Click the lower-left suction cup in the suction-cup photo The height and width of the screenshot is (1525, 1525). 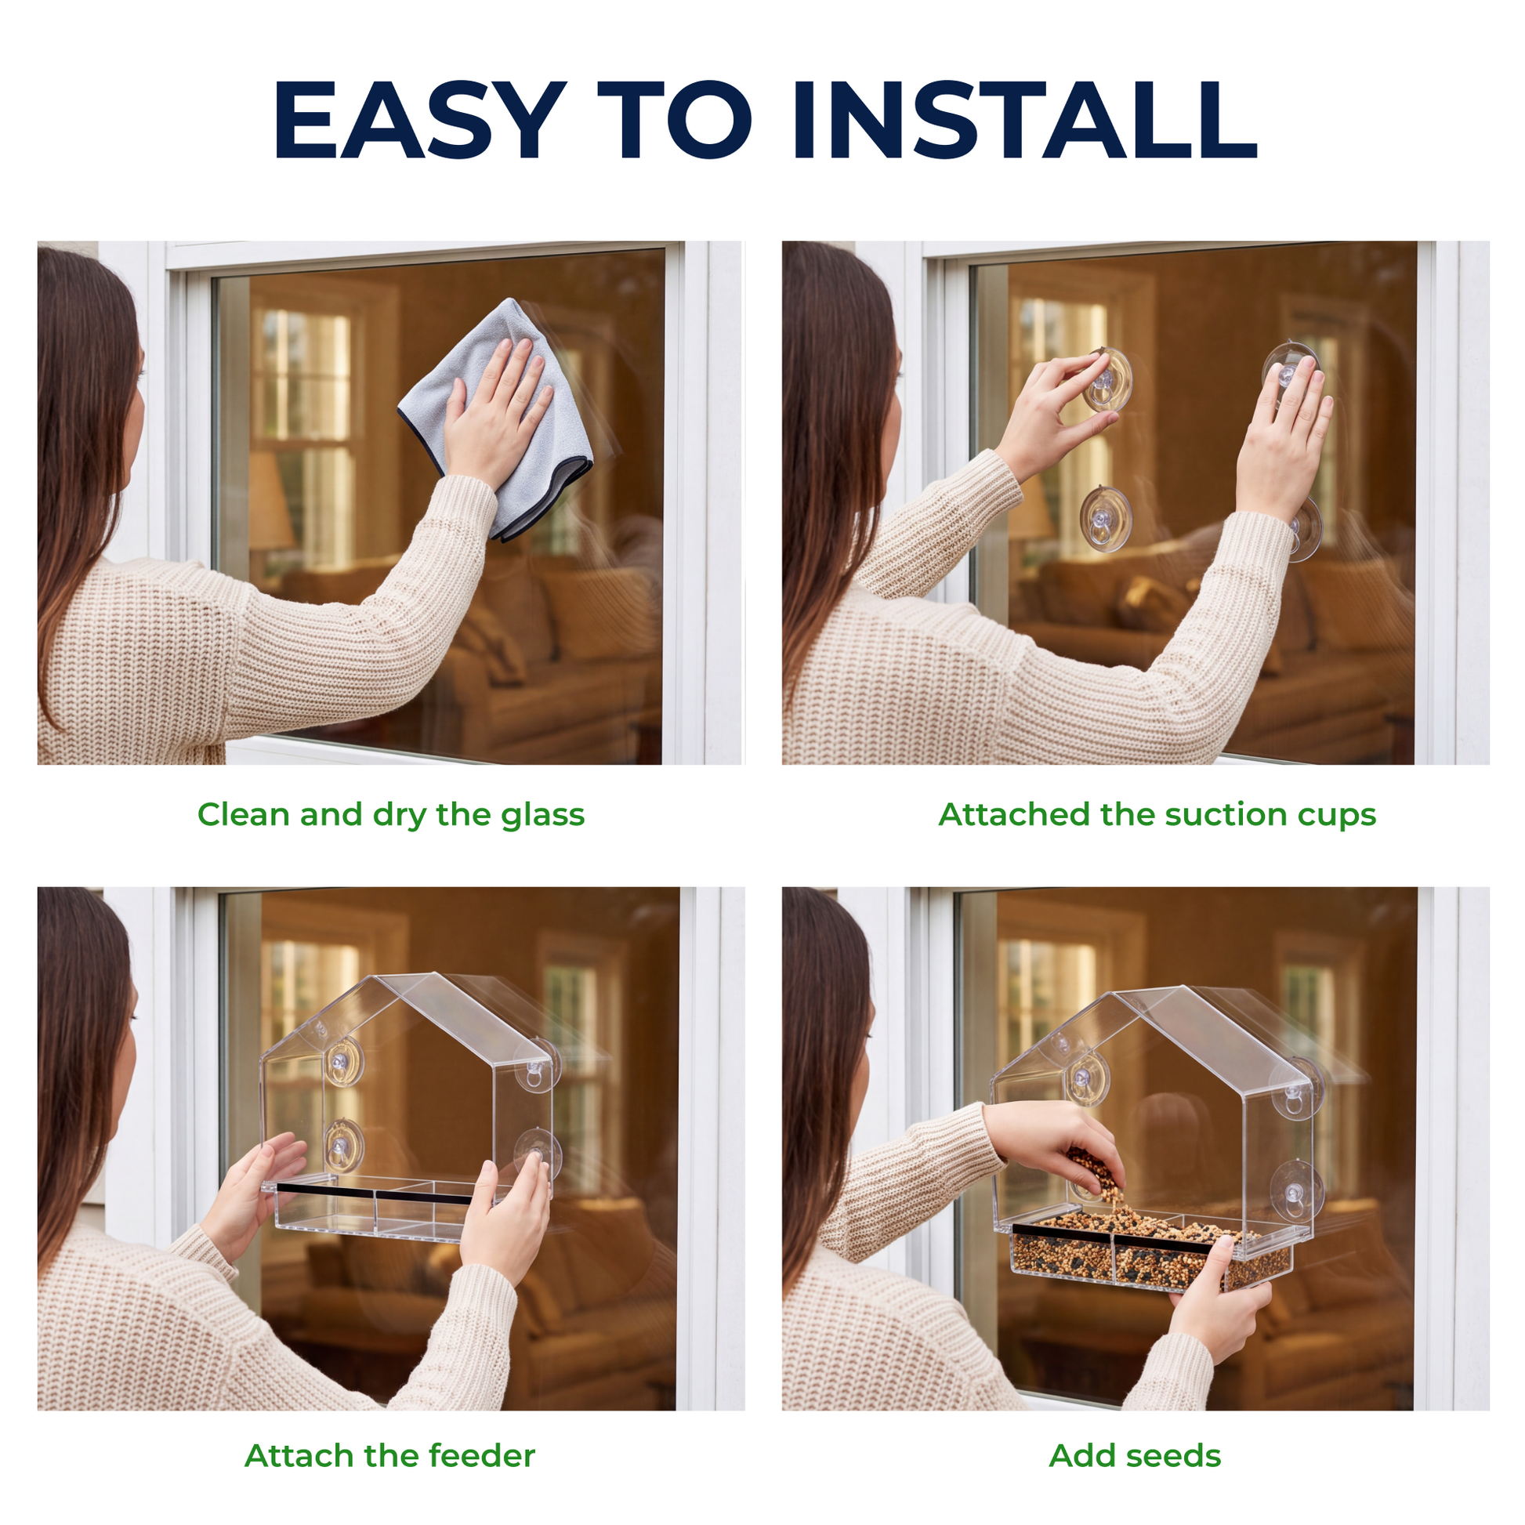(1105, 519)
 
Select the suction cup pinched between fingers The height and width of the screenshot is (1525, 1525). (1107, 380)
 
